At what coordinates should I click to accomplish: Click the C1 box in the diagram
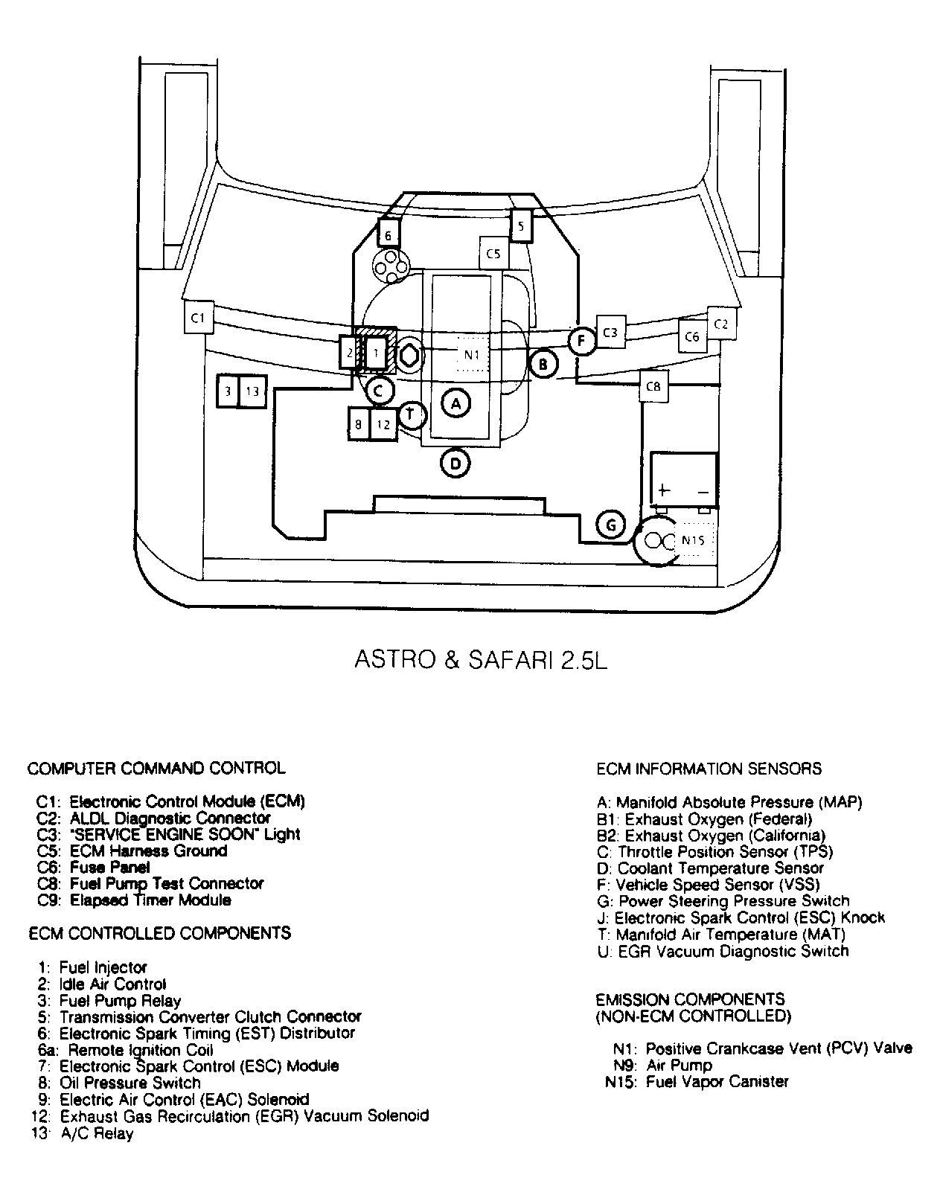pyautogui.click(x=198, y=318)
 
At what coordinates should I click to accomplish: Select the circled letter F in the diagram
pyautogui.click(x=582, y=342)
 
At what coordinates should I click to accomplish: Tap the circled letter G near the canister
pyautogui.click(x=611, y=525)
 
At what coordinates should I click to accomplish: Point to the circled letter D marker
pyautogui.click(x=455, y=464)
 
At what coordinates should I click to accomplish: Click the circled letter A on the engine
pyautogui.click(x=455, y=403)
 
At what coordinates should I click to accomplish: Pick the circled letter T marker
pyautogui.click(x=412, y=414)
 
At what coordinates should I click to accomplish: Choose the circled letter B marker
pyautogui.click(x=543, y=364)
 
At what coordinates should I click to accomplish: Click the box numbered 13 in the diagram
pyautogui.click(x=252, y=391)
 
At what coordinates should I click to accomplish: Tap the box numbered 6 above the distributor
pyautogui.click(x=388, y=235)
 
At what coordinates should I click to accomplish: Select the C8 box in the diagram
pyautogui.click(x=653, y=386)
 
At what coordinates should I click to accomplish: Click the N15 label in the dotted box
pyautogui.click(x=693, y=541)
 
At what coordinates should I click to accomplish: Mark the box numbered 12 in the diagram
pyautogui.click(x=383, y=425)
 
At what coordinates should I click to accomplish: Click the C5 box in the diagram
pyautogui.click(x=493, y=254)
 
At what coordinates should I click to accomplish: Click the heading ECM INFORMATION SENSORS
pyautogui.click(x=709, y=769)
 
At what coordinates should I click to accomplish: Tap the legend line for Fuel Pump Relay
pyautogui.click(x=119, y=1001)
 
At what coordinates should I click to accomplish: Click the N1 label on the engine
pyautogui.click(x=472, y=355)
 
